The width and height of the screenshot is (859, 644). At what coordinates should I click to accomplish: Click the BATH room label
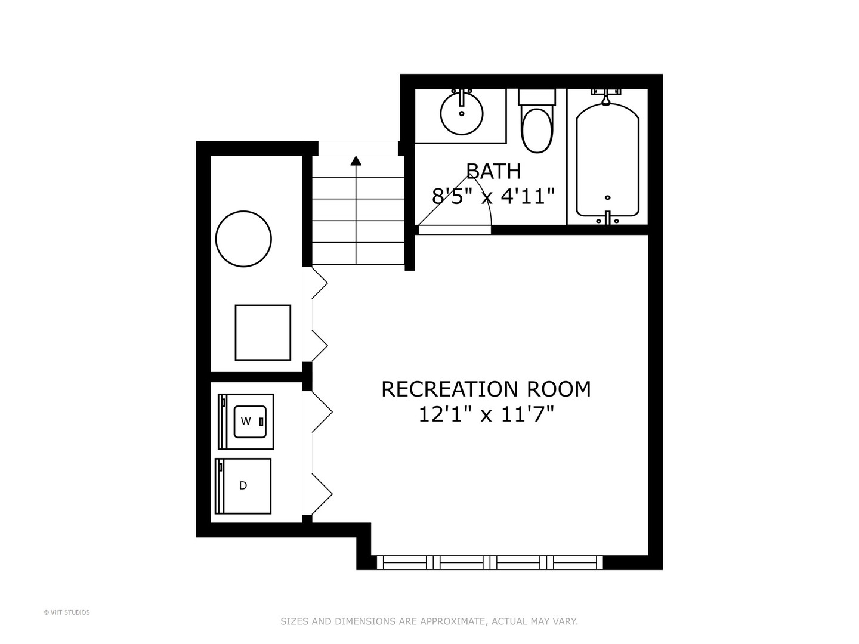click(493, 171)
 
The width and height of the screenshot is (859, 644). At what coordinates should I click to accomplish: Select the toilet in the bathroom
click(537, 129)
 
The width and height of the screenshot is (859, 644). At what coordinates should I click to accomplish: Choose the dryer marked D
click(243, 485)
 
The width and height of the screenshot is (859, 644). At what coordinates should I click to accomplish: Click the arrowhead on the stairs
click(356, 160)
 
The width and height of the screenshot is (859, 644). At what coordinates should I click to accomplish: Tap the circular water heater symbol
click(243, 239)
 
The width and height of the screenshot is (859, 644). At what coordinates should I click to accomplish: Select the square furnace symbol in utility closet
click(262, 332)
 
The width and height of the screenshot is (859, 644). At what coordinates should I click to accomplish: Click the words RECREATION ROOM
click(486, 389)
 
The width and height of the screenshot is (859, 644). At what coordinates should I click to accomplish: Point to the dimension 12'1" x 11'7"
click(486, 414)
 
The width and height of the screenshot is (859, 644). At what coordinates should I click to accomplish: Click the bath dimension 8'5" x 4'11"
click(493, 196)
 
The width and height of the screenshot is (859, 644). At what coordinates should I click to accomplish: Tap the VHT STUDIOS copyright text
click(67, 612)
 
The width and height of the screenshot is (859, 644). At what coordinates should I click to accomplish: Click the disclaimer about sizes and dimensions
click(429, 621)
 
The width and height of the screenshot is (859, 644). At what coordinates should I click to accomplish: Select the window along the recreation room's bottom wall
click(490, 562)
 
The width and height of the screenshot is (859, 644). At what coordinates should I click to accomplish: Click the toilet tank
click(537, 97)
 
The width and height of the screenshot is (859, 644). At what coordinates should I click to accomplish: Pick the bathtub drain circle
click(608, 197)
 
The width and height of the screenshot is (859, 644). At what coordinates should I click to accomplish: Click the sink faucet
click(461, 95)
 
